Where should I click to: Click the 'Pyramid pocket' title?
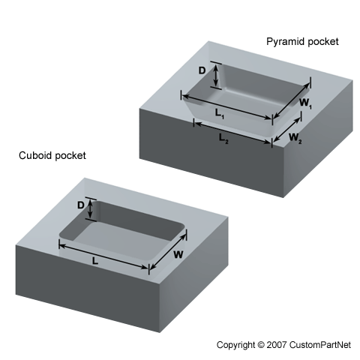pyautogui.click(x=302, y=42)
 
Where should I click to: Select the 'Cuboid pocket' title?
pyautogui.click(x=52, y=155)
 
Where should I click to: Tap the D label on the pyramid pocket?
pyautogui.click(x=202, y=70)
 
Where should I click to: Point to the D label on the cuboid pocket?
pyautogui.click(x=81, y=205)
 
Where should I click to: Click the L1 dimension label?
pyautogui.click(x=220, y=114)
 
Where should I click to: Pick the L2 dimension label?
pyautogui.click(x=223, y=138)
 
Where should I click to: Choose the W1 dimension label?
pyautogui.click(x=305, y=103)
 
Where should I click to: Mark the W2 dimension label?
pyautogui.click(x=295, y=138)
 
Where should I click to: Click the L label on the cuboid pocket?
pyautogui.click(x=94, y=261)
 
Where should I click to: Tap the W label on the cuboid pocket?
pyautogui.click(x=178, y=255)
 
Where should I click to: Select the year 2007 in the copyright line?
pyautogui.click(x=277, y=345)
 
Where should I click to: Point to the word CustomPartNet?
pyautogui.click(x=320, y=345)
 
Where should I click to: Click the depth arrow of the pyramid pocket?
pyautogui.click(x=216, y=75)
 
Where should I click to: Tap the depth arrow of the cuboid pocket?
pyautogui.click(x=91, y=209)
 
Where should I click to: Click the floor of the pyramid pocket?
pyautogui.click(x=246, y=100)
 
